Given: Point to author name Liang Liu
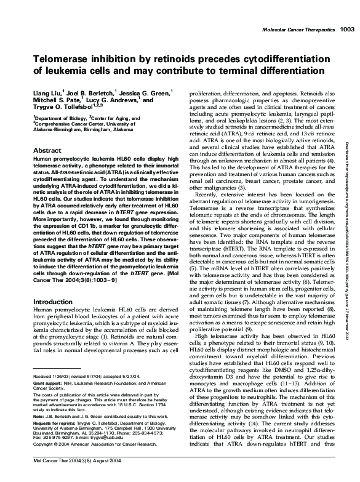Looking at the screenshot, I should pyautogui.click(x=46, y=92).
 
